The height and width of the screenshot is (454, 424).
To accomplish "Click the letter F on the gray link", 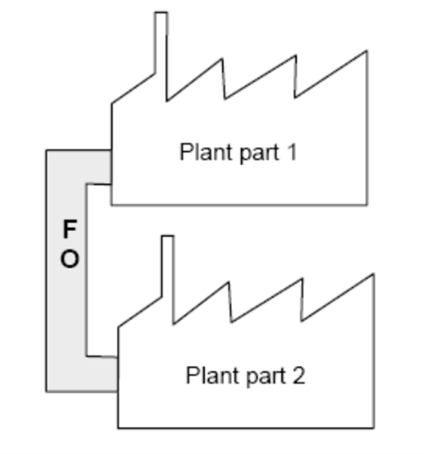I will [69, 229].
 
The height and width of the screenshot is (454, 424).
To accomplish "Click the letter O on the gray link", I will [69, 260].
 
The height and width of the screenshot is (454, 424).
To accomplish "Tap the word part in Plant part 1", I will [249, 153].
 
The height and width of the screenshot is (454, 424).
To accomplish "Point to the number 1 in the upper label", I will [291, 152].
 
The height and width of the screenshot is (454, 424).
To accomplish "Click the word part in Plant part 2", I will [255, 375].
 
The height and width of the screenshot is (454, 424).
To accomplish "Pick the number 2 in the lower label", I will [298, 374].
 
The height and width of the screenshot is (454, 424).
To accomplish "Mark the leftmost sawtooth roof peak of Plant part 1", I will [222, 59].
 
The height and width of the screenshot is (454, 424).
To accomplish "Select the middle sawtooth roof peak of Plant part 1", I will [295, 56].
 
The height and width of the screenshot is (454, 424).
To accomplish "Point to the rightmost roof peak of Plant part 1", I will [366, 52].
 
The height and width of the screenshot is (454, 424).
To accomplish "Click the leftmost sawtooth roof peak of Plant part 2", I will [228, 284].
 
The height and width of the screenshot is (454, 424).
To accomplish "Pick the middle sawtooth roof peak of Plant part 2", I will [302, 279].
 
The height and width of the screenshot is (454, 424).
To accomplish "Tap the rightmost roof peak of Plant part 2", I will [373, 276].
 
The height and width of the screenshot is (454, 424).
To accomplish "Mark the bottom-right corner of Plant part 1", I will [367, 204].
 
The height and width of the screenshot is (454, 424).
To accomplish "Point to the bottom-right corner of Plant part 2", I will [373, 428].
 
